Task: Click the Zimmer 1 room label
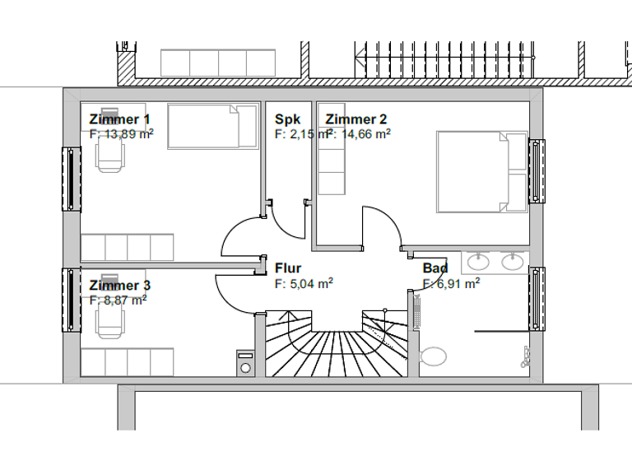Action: coord(119,119)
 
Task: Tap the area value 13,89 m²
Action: coord(121,134)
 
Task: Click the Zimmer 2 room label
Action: coord(355,119)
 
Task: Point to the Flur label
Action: coord(288,268)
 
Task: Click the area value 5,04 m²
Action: coord(304,283)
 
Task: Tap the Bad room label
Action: coord(435,268)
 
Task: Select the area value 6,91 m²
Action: coord(452,283)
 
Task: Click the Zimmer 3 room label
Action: coord(119,286)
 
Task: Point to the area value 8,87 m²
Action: coord(118,300)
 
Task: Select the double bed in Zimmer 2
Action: coord(481,171)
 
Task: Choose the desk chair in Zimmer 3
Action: coord(109,321)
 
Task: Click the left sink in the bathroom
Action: coord(477,263)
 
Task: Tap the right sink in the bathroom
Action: coord(512,263)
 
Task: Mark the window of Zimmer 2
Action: coord(537,171)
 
